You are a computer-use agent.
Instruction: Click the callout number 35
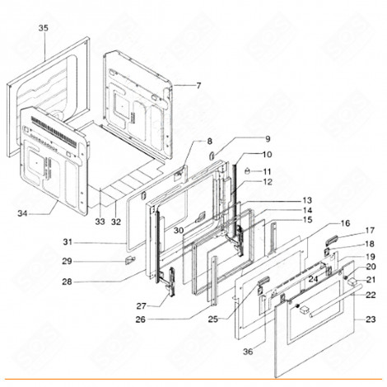(x=44, y=28)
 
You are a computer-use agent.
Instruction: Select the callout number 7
(x=198, y=86)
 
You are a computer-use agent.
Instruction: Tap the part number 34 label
(x=21, y=213)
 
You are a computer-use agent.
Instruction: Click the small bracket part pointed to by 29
(x=128, y=259)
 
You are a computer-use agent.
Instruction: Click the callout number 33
(x=100, y=222)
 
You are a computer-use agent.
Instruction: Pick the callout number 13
(x=283, y=200)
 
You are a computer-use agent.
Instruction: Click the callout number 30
(x=179, y=231)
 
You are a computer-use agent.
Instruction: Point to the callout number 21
(x=370, y=280)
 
